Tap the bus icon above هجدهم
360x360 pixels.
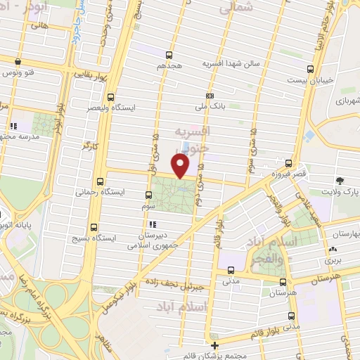[x=169, y=54]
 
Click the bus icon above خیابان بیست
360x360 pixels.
[x=311, y=68]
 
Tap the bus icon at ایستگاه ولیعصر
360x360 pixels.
[x=110, y=98]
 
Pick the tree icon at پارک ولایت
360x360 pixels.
[x=340, y=180]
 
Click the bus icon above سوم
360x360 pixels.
[x=148, y=195]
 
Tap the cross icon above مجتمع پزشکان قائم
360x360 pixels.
[x=214, y=345]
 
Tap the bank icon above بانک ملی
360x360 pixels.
[x=210, y=96]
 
